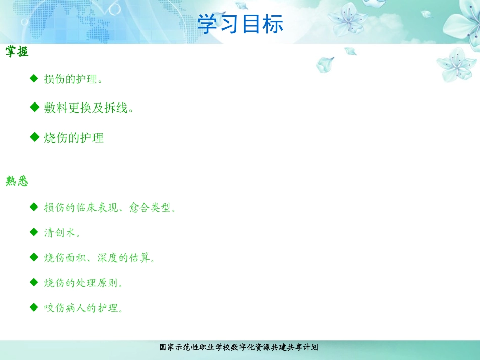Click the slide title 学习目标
(x=240, y=24)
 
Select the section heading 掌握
(x=17, y=52)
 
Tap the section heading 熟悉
(x=17, y=181)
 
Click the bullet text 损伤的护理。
(x=74, y=79)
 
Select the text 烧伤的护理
(x=74, y=138)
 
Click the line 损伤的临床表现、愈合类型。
(x=111, y=208)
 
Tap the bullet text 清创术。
(x=63, y=233)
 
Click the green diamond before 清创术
(x=34, y=232)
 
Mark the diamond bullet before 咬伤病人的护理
(x=34, y=306)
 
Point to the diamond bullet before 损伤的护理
(x=34, y=78)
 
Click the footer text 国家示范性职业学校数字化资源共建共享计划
(x=239, y=347)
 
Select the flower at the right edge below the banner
(x=456, y=65)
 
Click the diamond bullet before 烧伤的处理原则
(x=34, y=282)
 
